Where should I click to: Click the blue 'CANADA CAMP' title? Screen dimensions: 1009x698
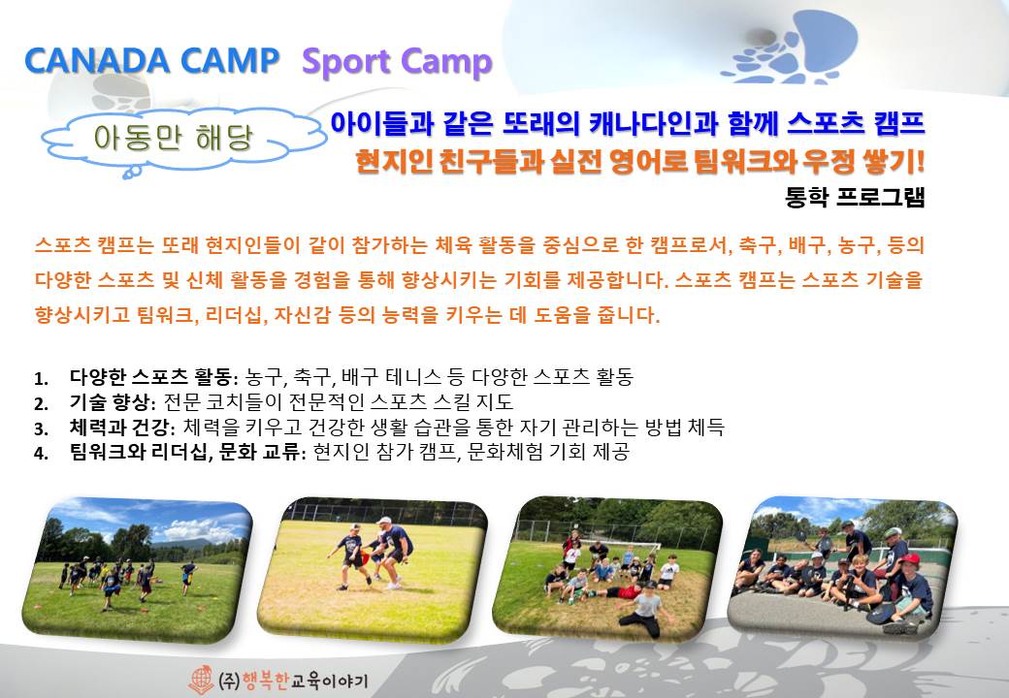coord(152,60)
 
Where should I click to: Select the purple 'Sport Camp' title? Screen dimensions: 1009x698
coord(397,63)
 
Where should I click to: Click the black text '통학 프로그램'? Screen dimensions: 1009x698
coord(855,197)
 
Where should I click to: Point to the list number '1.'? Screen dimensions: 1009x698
coord(41,378)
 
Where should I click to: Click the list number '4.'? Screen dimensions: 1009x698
coord(41,453)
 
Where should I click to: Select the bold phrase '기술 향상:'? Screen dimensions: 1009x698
coord(113,402)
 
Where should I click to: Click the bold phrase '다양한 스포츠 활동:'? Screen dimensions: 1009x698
coord(154,377)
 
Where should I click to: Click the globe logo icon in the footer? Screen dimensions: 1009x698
coord(201,680)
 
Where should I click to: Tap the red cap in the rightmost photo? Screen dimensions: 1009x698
coord(909,559)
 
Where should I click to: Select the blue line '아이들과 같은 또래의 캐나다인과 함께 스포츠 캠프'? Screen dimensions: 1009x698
coord(628,123)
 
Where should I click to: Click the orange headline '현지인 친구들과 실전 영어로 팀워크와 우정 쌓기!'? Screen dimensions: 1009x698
coord(640,161)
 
